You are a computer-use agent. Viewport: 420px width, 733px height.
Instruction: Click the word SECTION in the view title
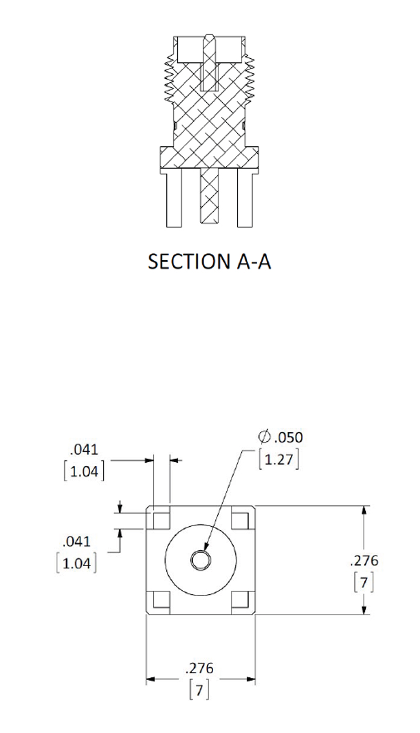tap(189, 262)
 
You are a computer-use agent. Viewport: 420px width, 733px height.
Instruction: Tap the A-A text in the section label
tap(254, 262)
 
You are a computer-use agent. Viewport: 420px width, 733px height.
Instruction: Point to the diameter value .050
tap(289, 438)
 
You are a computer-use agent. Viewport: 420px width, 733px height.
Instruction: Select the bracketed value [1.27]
tap(279, 460)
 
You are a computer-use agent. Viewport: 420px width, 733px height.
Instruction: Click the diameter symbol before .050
tap(264, 437)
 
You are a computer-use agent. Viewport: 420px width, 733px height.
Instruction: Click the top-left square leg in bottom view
tap(161, 520)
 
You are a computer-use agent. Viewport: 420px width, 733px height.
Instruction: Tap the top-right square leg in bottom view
tap(240, 520)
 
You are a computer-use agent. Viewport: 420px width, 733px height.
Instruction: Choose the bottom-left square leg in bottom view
tap(161, 599)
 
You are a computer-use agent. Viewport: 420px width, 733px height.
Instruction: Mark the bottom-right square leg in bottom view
tap(240, 599)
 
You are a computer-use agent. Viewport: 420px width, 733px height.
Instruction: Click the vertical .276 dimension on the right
tap(364, 560)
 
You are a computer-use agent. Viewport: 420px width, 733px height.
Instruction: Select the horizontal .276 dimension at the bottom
tap(199, 668)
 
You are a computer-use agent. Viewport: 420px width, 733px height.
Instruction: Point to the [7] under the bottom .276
tap(199, 690)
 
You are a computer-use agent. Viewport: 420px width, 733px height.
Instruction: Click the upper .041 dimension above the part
tap(84, 450)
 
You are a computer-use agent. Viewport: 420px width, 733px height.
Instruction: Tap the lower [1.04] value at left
tap(77, 564)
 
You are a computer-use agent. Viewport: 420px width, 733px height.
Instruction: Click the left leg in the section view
tap(174, 198)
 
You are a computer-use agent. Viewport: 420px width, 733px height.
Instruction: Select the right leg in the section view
tap(245, 198)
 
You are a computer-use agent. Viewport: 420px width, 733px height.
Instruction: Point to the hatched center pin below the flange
tap(209, 196)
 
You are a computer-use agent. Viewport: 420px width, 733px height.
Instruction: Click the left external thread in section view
tap(169, 77)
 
